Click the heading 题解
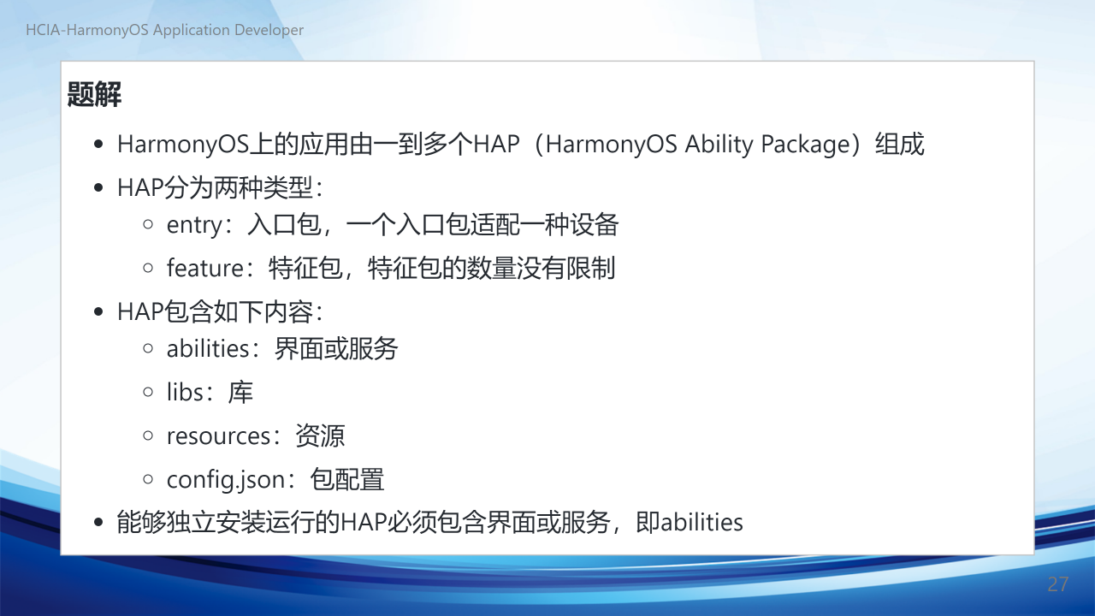pyautogui.click(x=94, y=94)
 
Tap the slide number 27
pyautogui.click(x=1058, y=584)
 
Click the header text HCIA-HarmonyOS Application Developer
pyautogui.click(x=165, y=30)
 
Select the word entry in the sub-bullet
pyautogui.click(x=194, y=226)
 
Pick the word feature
pyautogui.click(x=204, y=268)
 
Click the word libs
pyautogui.click(x=185, y=392)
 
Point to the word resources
pyautogui.click(x=218, y=436)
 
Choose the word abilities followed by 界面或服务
pyautogui.click(x=208, y=348)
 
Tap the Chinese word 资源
pyautogui.click(x=320, y=435)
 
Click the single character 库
pyautogui.click(x=240, y=392)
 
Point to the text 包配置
pyautogui.click(x=347, y=479)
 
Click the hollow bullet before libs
pyautogui.click(x=148, y=392)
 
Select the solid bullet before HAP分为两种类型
pyautogui.click(x=98, y=187)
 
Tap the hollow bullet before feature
pyautogui.click(x=148, y=268)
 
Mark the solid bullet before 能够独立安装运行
pyautogui.click(x=98, y=522)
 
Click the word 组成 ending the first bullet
pyautogui.click(x=899, y=145)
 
